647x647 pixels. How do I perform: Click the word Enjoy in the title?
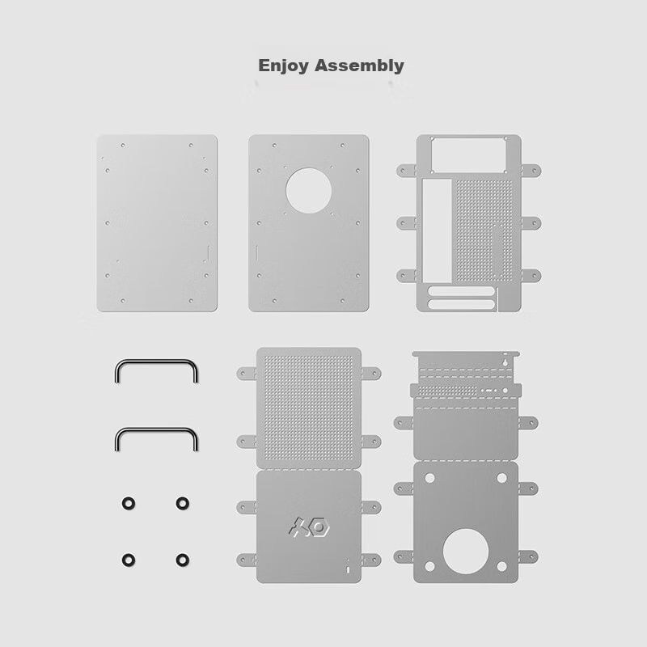284,66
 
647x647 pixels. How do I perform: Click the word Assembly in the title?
359,66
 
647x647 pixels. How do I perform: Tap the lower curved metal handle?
156,430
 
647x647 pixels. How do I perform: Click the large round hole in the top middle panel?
309,191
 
